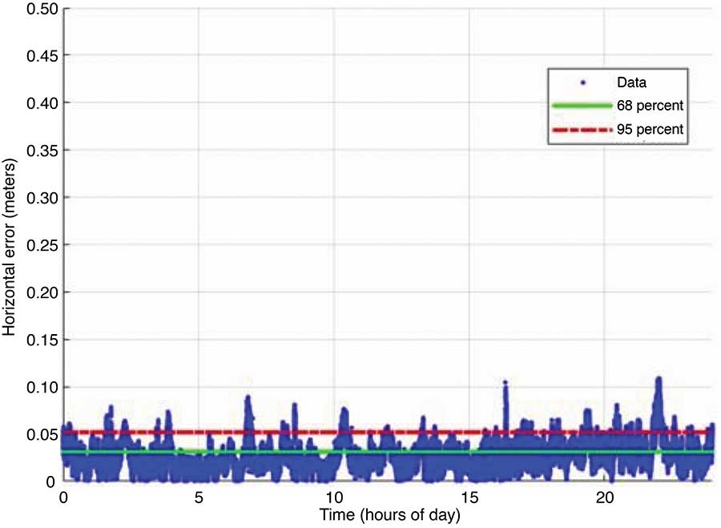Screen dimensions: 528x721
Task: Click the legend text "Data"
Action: (x=631, y=82)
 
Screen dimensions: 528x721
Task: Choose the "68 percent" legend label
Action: (x=649, y=105)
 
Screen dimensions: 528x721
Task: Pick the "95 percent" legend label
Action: (x=649, y=128)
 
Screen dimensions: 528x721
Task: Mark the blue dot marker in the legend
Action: (x=582, y=82)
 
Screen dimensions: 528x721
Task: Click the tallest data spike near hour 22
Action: (x=659, y=380)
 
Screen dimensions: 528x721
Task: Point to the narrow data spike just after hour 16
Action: (x=506, y=385)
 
